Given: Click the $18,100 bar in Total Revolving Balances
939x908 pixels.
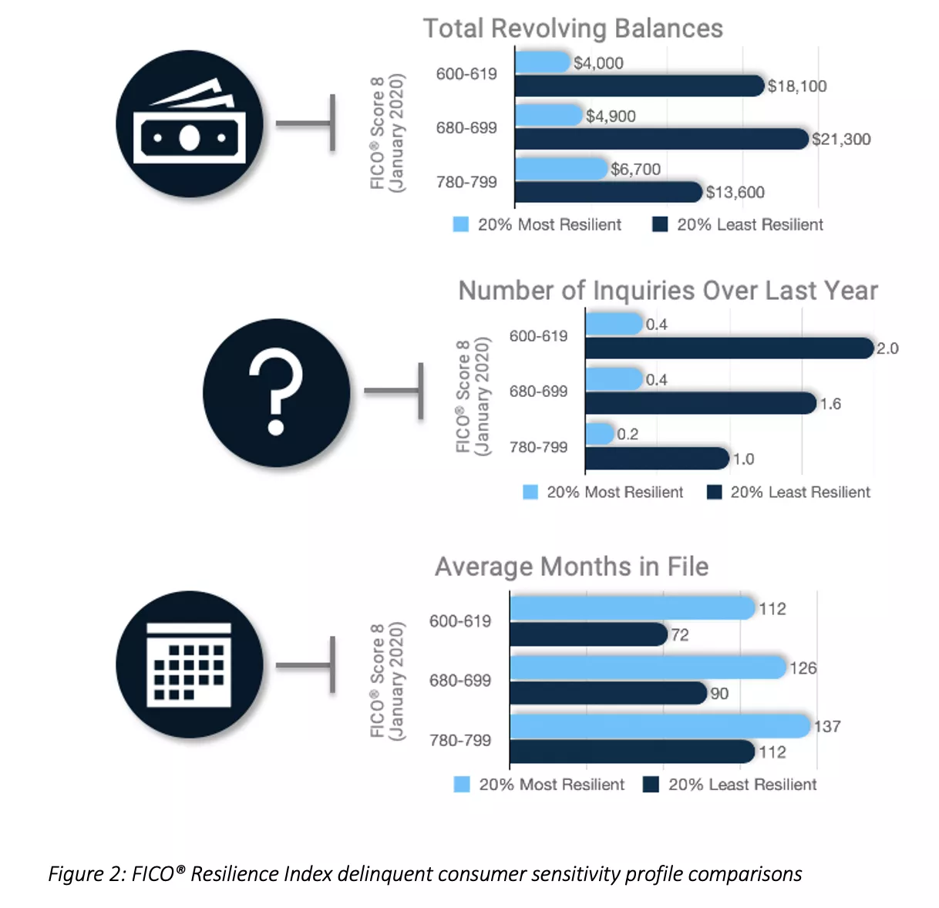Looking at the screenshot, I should [x=639, y=86].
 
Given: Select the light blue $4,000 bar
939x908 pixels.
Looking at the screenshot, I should [x=542, y=62].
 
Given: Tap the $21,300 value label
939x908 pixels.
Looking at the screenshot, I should [x=841, y=140].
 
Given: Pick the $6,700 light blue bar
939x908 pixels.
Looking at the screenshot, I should [x=561, y=169].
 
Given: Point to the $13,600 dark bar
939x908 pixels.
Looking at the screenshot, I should [x=608, y=192].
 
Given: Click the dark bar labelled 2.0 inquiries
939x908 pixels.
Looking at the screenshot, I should [x=729, y=348].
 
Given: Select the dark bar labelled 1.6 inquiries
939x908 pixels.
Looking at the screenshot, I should [x=700, y=403].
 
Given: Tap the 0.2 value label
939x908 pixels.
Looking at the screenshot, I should [x=628, y=435].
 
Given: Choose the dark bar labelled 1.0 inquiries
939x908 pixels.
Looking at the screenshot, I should [x=657, y=459].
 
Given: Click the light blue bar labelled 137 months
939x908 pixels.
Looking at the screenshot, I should [x=661, y=726].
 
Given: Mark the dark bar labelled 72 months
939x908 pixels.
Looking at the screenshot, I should [x=588, y=634].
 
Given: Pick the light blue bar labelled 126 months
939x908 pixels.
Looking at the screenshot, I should [x=648, y=668].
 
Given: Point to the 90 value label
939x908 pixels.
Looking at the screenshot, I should [x=719, y=694].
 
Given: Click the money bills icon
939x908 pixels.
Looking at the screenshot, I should [x=190, y=124].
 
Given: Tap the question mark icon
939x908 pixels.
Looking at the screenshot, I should [x=276, y=392].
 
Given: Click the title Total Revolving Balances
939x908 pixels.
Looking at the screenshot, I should [x=573, y=29].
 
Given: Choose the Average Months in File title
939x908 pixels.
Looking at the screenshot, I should [x=571, y=567].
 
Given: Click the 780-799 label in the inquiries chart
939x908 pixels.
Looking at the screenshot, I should [x=538, y=447].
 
